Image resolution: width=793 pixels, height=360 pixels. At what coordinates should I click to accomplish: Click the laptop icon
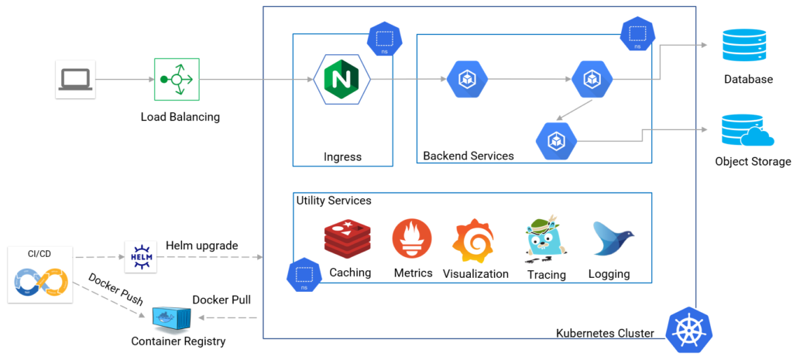[x=75, y=80]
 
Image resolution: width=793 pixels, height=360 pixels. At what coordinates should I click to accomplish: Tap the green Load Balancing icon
[x=177, y=80]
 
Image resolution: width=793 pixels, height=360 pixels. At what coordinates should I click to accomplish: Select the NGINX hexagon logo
[x=342, y=79]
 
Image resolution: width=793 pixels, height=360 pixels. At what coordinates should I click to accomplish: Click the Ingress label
[x=342, y=157]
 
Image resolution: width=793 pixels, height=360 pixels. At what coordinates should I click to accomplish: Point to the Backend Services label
[x=468, y=156]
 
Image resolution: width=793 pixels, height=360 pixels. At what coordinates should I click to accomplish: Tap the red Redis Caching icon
[x=348, y=239]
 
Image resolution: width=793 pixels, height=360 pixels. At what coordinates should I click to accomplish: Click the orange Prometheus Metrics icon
[x=412, y=239]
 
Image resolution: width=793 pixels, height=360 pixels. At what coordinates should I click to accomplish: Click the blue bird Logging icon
[x=612, y=239]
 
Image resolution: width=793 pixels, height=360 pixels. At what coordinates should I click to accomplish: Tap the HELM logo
[x=140, y=256]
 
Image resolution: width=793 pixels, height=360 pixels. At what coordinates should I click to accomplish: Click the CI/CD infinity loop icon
[x=40, y=283]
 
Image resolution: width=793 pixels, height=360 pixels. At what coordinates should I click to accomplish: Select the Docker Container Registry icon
[x=173, y=318]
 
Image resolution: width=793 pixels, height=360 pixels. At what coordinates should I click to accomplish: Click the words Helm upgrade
[x=201, y=245]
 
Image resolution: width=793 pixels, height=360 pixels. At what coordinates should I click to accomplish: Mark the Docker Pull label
[x=221, y=300]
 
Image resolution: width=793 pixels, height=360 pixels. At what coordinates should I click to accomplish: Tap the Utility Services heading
[x=334, y=201]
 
